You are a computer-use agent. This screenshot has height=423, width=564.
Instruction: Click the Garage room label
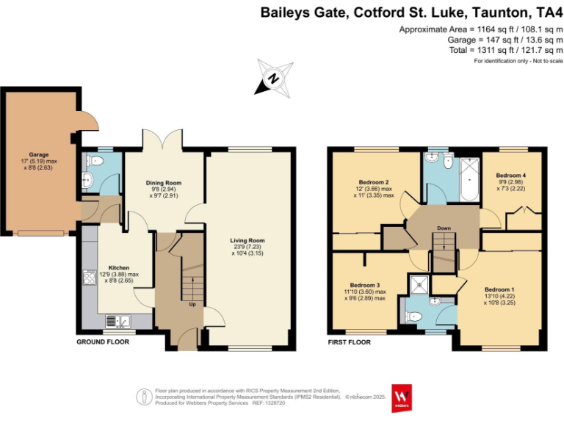pyautogui.click(x=38, y=155)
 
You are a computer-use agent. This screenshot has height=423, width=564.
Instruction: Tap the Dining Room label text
pyautogui.click(x=164, y=183)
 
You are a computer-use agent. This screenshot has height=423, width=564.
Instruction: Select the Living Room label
pyautogui.click(x=247, y=240)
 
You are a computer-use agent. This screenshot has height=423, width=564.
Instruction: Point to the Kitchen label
pyautogui.click(x=118, y=267)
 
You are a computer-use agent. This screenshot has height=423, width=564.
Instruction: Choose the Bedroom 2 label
pyautogui.click(x=374, y=181)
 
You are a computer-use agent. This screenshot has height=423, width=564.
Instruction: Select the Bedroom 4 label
pyautogui.click(x=510, y=176)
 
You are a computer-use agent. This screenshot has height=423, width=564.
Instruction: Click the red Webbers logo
pyautogui.click(x=401, y=397)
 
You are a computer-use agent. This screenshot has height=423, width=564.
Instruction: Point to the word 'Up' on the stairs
pyautogui.click(x=192, y=304)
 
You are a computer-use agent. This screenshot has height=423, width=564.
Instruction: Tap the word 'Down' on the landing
pyautogui.click(x=444, y=228)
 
